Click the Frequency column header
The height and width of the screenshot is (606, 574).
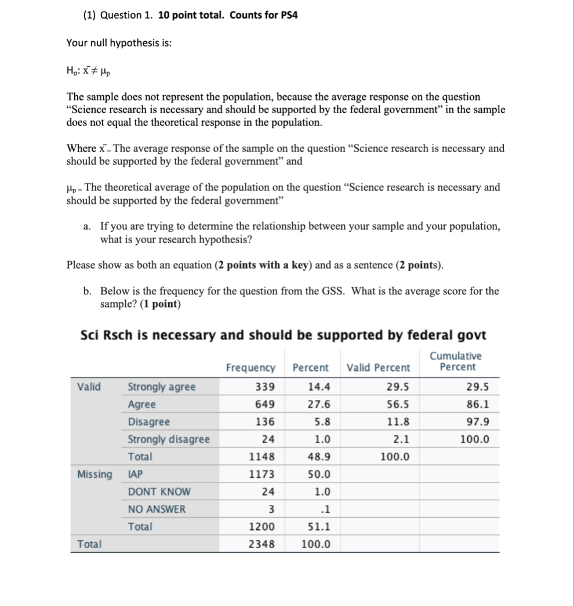click(250, 367)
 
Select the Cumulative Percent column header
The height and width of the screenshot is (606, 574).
click(455, 362)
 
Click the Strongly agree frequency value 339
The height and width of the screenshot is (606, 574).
click(265, 387)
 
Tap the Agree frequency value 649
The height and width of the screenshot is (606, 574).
click(265, 405)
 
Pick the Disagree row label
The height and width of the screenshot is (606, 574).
click(149, 422)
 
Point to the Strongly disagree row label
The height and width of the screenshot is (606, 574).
click(169, 439)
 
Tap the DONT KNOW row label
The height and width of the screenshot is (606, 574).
click(159, 492)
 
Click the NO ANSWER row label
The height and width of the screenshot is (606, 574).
click(157, 509)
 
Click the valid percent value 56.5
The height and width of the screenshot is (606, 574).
click(398, 405)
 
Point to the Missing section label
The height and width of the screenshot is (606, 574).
click(95, 474)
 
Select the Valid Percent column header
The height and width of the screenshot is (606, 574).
click(378, 367)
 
